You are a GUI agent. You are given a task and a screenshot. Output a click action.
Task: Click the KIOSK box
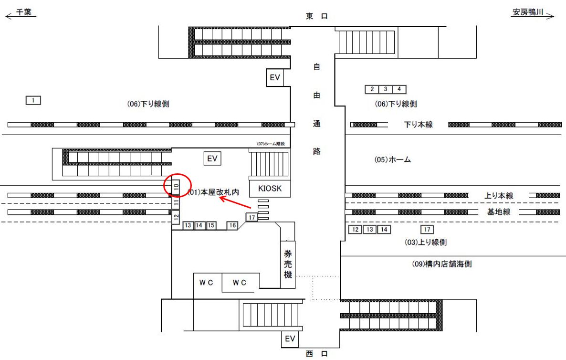tap(270, 189)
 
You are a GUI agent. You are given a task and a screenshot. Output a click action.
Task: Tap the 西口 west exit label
tap(317, 354)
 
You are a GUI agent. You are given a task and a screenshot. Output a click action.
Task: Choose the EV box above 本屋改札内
tap(212, 159)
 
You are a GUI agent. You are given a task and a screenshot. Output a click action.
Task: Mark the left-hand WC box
tap(207, 283)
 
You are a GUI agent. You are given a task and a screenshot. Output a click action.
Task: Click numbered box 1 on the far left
tap(33, 100)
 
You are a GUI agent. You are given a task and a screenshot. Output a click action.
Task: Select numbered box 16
tap(232, 225)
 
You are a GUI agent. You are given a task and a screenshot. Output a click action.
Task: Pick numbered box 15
tap(211, 225)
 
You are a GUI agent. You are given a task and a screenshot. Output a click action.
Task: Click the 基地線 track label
tap(498, 212)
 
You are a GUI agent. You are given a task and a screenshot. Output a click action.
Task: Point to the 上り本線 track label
tap(499, 196)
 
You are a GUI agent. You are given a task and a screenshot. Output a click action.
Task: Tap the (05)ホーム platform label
tap(392, 160)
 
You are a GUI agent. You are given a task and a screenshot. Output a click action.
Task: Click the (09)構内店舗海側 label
tap(441, 264)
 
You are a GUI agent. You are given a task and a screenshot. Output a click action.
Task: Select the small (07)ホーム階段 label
tap(271, 144)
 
